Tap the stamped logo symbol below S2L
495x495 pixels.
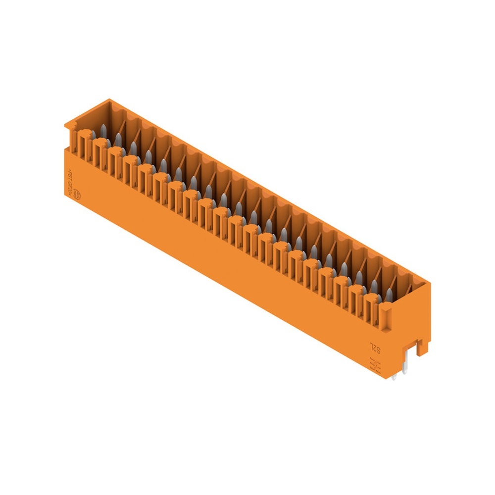coord(375,366)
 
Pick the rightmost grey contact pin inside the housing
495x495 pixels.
coord(389,296)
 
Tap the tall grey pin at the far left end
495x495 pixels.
coord(103,131)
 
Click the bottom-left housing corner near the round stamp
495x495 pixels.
coord(66,195)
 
